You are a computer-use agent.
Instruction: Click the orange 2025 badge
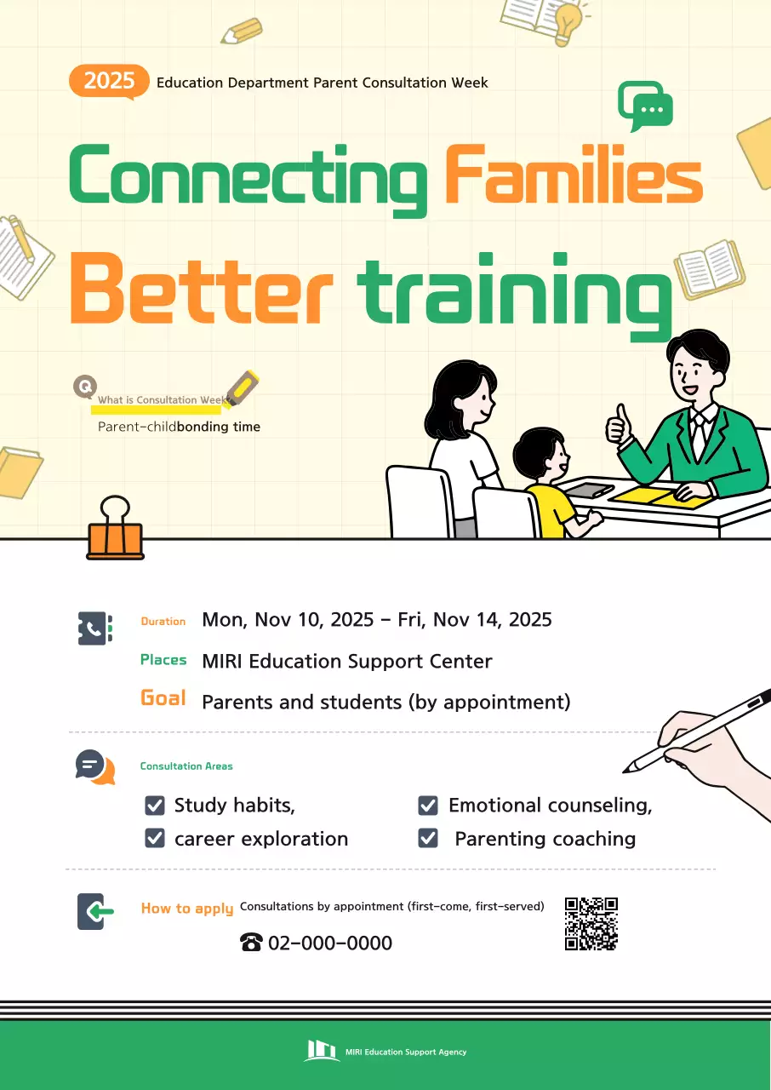click(x=109, y=81)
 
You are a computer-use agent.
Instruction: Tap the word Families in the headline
click(x=574, y=175)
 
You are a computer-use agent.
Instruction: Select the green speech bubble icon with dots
click(x=646, y=106)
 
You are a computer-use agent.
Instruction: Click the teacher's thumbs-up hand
click(x=618, y=425)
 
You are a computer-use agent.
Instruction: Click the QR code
click(x=591, y=923)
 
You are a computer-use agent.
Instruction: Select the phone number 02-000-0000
click(x=329, y=943)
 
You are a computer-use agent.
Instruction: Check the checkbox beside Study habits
click(x=155, y=806)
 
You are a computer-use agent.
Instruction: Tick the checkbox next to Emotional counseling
click(x=428, y=806)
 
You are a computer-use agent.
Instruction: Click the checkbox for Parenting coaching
click(x=428, y=839)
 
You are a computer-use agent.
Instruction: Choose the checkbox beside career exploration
click(x=155, y=839)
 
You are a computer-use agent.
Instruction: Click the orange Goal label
click(x=163, y=698)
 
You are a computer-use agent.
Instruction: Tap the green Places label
click(x=163, y=660)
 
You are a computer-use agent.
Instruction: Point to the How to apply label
click(x=187, y=909)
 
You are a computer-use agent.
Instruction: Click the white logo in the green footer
click(x=322, y=1051)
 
